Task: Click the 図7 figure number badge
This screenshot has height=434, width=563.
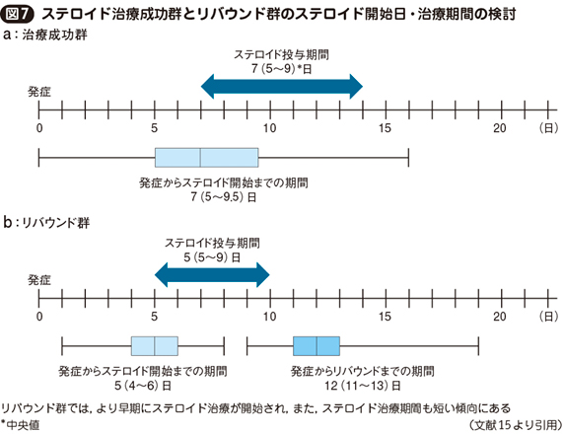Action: [17, 14]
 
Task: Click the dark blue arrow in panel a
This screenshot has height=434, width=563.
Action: [282, 87]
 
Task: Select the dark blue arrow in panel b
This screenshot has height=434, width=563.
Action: [212, 275]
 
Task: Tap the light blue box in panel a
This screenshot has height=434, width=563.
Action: [206, 158]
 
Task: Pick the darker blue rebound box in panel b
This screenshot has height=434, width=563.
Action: [317, 346]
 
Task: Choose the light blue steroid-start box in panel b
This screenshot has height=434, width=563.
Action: [155, 346]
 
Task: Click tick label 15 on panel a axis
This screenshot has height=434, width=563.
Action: [385, 128]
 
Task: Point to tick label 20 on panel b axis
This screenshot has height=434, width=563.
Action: [500, 317]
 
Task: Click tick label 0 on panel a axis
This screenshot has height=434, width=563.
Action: [39, 128]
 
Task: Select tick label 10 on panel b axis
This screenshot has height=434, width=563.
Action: [269, 317]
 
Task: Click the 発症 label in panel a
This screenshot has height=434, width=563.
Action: [39, 92]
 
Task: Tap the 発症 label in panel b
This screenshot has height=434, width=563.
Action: [39, 280]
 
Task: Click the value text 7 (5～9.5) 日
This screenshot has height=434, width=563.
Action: [224, 197]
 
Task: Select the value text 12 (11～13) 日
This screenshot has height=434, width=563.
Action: [363, 386]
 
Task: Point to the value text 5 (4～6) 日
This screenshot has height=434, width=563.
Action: [143, 386]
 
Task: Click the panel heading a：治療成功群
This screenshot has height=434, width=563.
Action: [45, 35]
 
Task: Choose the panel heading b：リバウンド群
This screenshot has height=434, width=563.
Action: [46, 223]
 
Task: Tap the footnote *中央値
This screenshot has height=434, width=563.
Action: [21, 425]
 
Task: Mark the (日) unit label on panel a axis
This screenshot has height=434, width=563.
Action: [549, 128]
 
